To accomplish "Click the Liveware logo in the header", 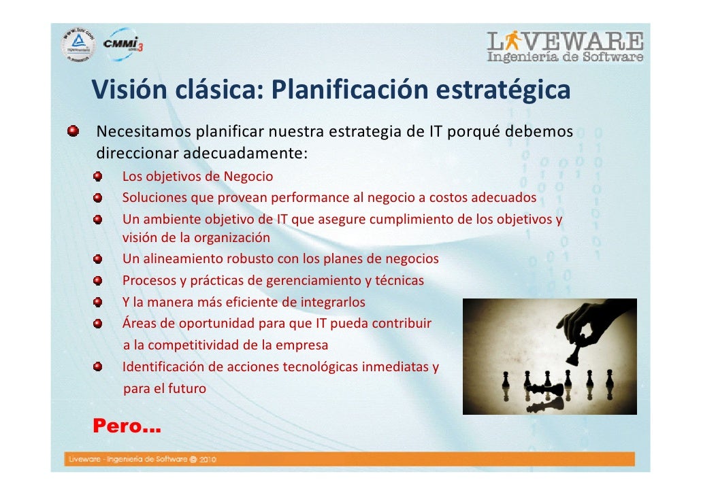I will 564,46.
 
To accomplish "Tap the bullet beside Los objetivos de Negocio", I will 99,177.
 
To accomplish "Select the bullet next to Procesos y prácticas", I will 99,280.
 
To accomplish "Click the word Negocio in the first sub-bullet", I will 248,177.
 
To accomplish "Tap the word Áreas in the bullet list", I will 139,322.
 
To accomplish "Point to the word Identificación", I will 163,367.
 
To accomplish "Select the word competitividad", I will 199,345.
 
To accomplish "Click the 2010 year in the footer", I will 208,460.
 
